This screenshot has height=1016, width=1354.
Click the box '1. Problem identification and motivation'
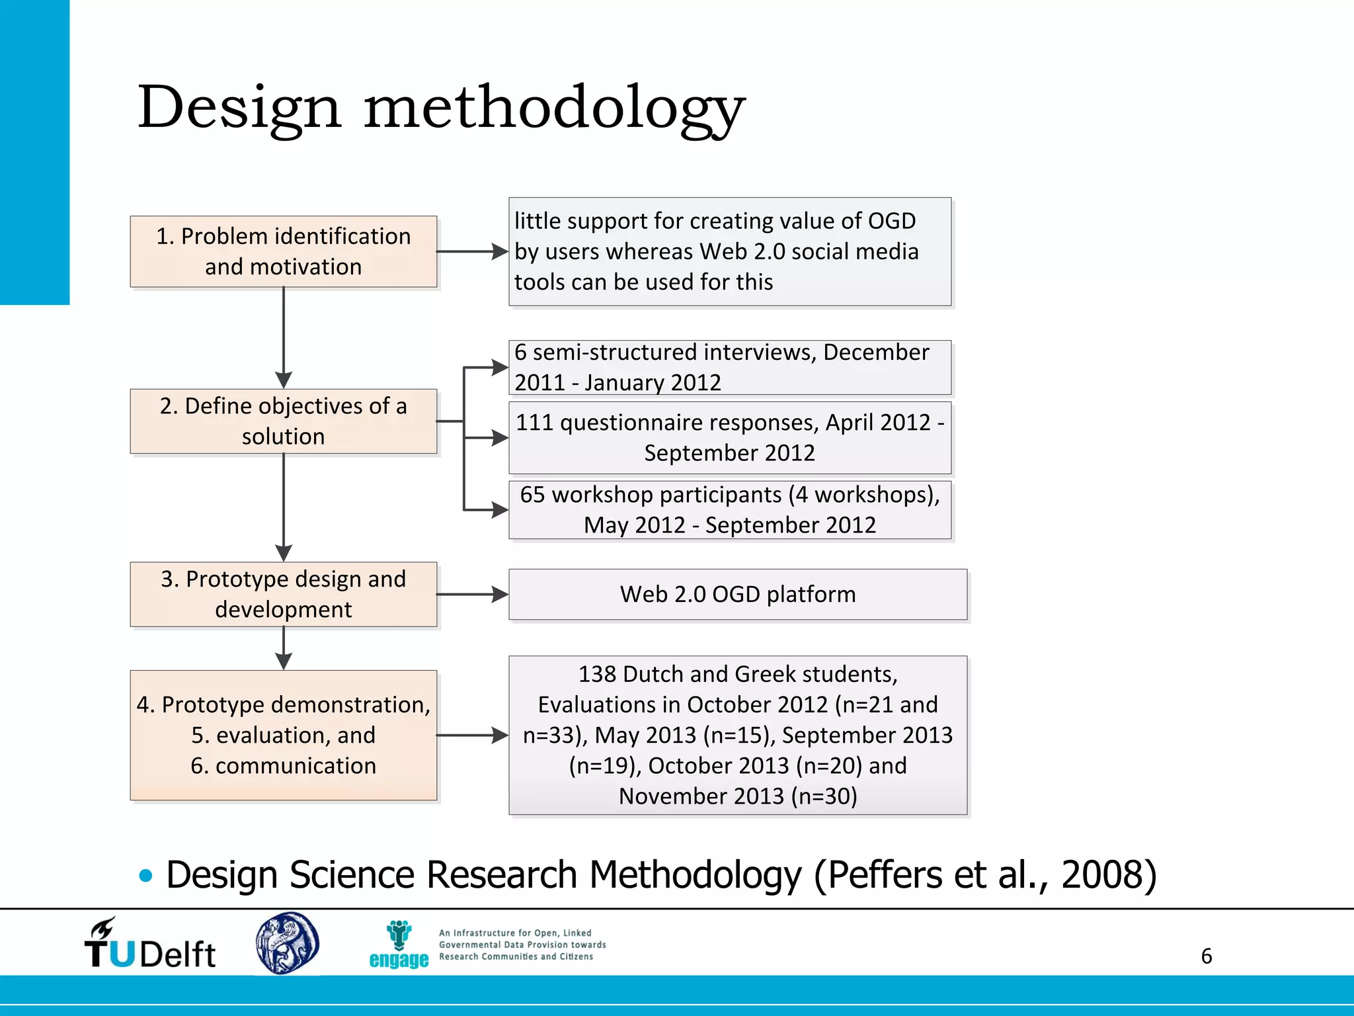point(283,251)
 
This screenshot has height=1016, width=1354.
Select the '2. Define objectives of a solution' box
point(283,421)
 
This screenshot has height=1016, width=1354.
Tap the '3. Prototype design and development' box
point(283,594)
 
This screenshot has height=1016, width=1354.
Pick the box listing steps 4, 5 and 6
point(283,735)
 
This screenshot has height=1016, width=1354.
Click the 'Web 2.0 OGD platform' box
point(737,594)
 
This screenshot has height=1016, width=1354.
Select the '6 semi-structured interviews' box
point(729,367)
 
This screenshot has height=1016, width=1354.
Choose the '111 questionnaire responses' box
point(729,438)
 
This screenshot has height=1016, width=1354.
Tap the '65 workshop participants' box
point(729,510)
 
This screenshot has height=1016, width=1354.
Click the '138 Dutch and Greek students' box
point(737,735)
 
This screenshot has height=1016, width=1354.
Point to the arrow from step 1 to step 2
point(284,337)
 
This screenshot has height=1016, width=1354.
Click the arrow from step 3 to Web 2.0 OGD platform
point(472,594)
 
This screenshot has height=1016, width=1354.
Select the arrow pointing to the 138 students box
point(472,735)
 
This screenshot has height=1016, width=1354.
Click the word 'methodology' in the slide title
point(554,108)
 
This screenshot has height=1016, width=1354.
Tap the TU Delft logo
point(150,945)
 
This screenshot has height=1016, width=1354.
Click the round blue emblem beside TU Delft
point(287,943)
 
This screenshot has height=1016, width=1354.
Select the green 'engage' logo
point(399,945)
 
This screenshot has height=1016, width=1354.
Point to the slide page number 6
point(1206,956)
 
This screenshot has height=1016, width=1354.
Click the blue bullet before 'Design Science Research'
point(146,876)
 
